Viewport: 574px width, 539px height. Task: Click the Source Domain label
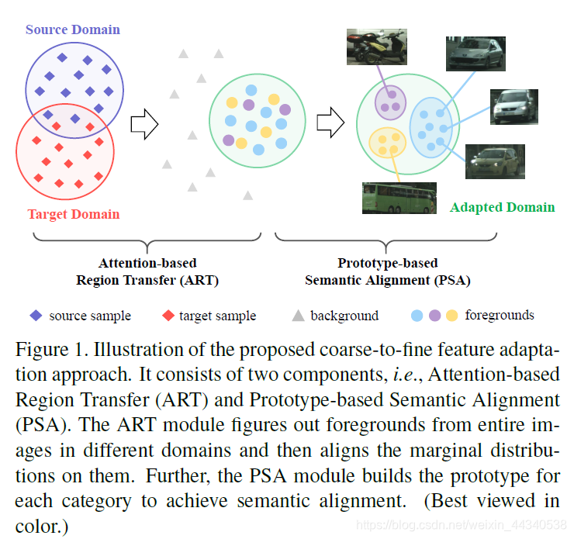pyautogui.click(x=73, y=29)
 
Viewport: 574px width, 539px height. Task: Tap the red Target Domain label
pyautogui.click(x=74, y=214)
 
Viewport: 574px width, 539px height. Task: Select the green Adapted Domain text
pyautogui.click(x=502, y=207)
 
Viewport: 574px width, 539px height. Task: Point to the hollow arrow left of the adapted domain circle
pyautogui.click(x=331, y=121)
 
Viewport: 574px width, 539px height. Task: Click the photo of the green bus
pyautogui.click(x=394, y=198)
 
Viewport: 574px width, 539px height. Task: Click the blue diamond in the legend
pyautogui.click(x=36, y=316)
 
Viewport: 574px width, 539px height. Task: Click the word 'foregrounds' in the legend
pyautogui.click(x=500, y=315)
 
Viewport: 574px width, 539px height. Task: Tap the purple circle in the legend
pyautogui.click(x=434, y=316)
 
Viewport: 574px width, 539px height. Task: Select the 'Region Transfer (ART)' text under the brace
pyautogui.click(x=147, y=280)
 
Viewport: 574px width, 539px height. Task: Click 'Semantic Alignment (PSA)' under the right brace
pyautogui.click(x=388, y=280)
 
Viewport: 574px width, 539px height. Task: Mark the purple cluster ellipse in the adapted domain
pyautogui.click(x=390, y=102)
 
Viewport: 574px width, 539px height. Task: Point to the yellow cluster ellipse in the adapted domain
pyautogui.click(x=389, y=142)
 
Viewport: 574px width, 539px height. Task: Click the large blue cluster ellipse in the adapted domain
pyautogui.click(x=431, y=126)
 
